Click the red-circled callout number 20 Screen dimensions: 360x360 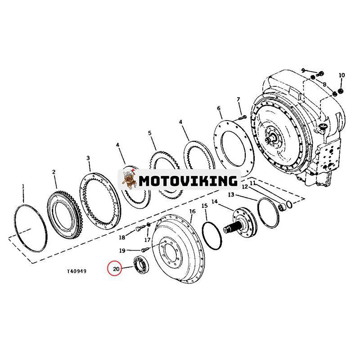(116, 269)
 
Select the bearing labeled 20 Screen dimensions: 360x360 (141, 265)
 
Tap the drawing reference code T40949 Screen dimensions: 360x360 (76, 271)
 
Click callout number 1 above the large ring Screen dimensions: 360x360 (23, 186)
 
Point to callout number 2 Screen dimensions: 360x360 (54, 172)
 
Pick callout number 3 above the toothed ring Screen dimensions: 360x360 (88, 158)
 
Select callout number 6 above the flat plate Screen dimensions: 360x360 (219, 108)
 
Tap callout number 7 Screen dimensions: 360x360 (238, 99)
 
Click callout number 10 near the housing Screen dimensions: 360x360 (342, 75)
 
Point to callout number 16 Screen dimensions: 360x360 (192, 211)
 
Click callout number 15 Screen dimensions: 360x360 (204, 206)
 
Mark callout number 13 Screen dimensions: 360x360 (231, 194)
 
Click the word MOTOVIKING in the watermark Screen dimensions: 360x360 (188, 180)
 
